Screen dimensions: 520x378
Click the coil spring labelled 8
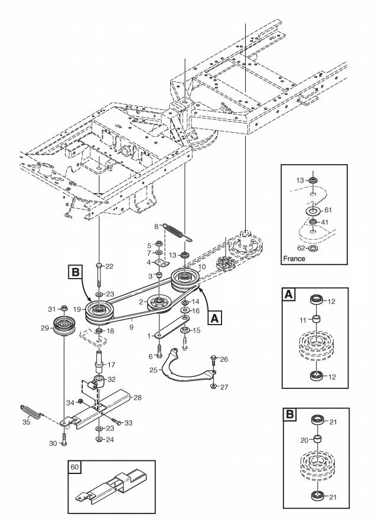coord(177,230)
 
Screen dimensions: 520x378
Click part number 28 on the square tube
coord(138,397)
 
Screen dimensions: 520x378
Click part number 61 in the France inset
coord(328,209)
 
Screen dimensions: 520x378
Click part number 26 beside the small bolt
coord(223,358)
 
